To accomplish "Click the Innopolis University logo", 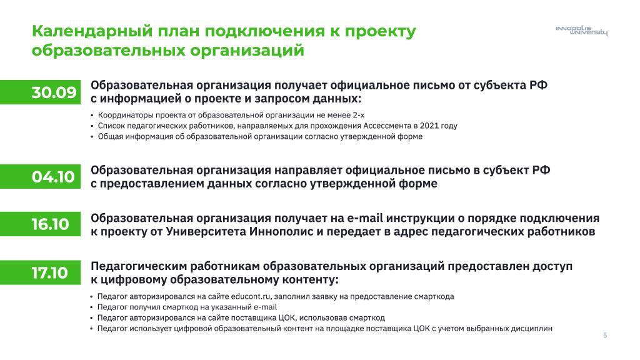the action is pyautogui.click(x=581, y=31).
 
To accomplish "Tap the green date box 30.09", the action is pyautogui.click(x=41, y=92).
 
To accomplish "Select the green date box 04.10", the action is pyautogui.click(x=41, y=177).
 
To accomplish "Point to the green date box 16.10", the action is pyautogui.click(x=41, y=224).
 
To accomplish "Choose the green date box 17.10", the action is pyautogui.click(x=41, y=272).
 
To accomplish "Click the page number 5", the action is pyautogui.click(x=605, y=336).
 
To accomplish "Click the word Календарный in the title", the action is pyautogui.click(x=92, y=31).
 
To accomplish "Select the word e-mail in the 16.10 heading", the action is pyautogui.click(x=365, y=218).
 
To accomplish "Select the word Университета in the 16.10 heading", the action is pyautogui.click(x=205, y=231).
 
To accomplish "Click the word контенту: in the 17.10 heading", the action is pyautogui.click(x=309, y=279).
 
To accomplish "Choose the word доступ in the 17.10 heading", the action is pyautogui.click(x=552, y=266).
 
